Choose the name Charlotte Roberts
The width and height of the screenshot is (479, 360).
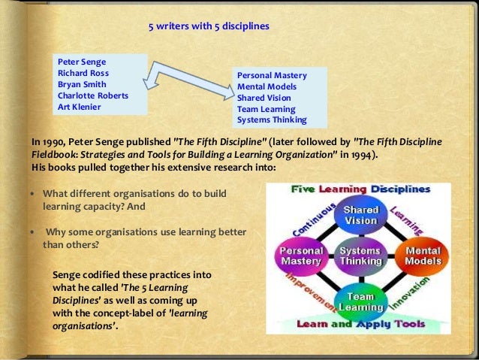pyautogui.click(x=93, y=95)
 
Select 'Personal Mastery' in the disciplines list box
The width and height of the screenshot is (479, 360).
pyautogui.click(x=271, y=76)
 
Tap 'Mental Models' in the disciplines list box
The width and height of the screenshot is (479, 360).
pyautogui.click(x=267, y=87)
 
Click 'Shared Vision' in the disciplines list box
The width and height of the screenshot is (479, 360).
pyautogui.click(x=265, y=98)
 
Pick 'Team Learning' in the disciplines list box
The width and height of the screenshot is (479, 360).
pyautogui.click(x=267, y=108)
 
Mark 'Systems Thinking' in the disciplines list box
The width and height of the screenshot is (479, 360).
pyautogui.click(x=271, y=119)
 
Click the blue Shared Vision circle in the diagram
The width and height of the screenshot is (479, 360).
pyautogui.click(x=361, y=216)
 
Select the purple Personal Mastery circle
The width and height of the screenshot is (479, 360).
pyautogui.click(x=302, y=256)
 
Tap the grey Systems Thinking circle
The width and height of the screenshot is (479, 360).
pyautogui.click(x=361, y=256)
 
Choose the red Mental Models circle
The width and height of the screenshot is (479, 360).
pyautogui.click(x=422, y=256)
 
